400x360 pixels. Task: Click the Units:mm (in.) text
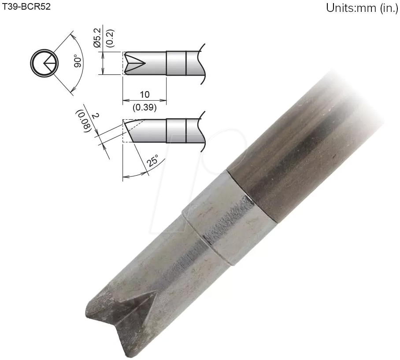(x=362, y=8)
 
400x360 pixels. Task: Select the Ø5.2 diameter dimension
(x=97, y=39)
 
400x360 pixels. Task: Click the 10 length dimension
(x=144, y=94)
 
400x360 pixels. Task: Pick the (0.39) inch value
(x=144, y=106)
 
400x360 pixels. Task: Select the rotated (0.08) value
(x=84, y=120)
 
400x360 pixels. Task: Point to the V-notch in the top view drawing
(x=134, y=63)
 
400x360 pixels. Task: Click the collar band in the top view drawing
(x=176, y=63)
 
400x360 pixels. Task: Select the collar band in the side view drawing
(x=176, y=131)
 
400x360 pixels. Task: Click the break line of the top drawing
(x=204, y=63)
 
